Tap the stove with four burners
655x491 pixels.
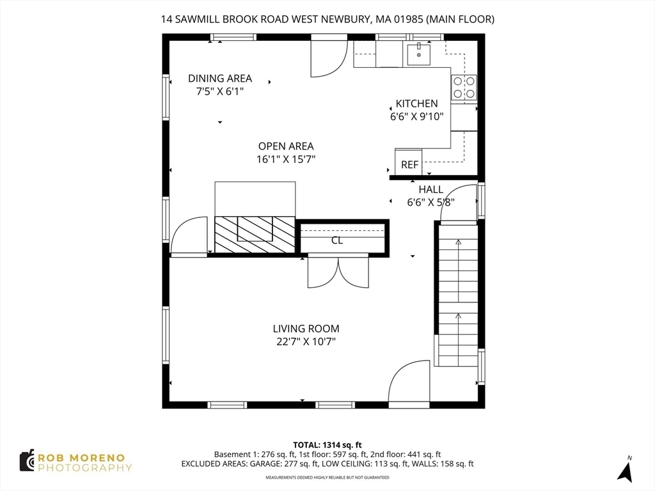coord(464,88)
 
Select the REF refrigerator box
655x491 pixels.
coord(409,163)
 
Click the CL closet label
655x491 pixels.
coord(337,240)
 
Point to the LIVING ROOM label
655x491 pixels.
coord(306,329)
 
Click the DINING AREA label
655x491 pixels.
coord(220,79)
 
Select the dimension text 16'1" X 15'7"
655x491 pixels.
coord(286,159)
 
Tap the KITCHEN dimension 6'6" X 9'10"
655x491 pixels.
coord(416,116)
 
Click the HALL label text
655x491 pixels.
coord(430,190)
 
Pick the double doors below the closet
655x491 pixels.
coord(338,271)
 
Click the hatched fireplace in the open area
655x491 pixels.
coord(255,234)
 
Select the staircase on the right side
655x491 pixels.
coord(457,294)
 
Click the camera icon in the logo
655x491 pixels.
coord(27,460)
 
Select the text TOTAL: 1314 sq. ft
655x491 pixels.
coord(327,445)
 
